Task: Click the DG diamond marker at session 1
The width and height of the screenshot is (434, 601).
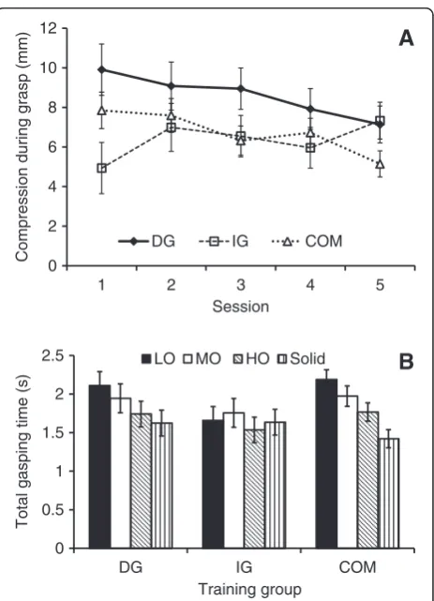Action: [x=101, y=69]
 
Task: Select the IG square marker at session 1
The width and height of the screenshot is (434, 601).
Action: [x=101, y=168]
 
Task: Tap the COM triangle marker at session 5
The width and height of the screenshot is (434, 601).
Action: [x=380, y=164]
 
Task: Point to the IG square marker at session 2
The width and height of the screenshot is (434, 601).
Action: [x=172, y=128]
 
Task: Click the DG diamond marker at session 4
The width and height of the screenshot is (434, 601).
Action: [x=310, y=110]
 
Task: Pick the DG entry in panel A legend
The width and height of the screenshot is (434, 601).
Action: [x=147, y=242]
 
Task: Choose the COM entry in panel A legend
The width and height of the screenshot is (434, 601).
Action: [x=307, y=242]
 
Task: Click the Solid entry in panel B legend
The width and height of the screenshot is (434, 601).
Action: [x=304, y=359]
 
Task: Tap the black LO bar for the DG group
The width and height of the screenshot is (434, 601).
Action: [x=99, y=467]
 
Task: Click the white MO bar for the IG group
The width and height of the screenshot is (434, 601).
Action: [x=233, y=480]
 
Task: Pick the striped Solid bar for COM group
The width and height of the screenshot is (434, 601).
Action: [x=388, y=493]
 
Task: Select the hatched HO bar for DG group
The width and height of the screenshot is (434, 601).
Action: [x=141, y=481]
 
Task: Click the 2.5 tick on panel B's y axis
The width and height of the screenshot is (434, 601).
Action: [x=52, y=356]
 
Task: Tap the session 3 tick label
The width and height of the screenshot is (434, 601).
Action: [x=241, y=285]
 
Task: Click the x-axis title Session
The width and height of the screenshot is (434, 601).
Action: [x=241, y=307]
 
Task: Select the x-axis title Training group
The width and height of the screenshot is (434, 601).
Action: [x=249, y=589]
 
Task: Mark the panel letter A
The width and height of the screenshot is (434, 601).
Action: [x=406, y=38]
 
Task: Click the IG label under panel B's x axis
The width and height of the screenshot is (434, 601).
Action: [x=244, y=567]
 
